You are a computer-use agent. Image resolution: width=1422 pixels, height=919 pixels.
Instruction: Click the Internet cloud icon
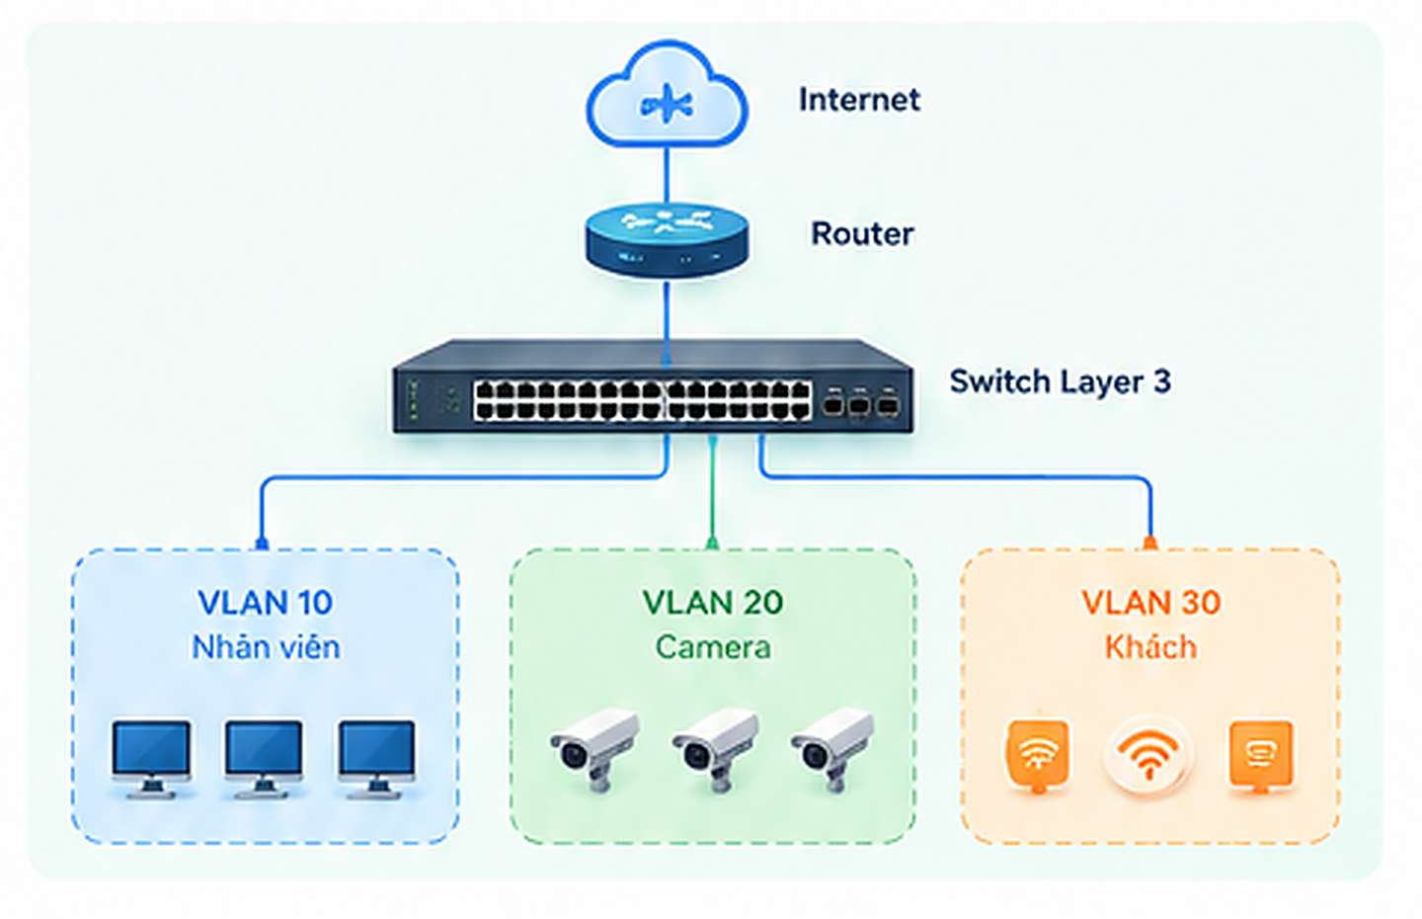[x=667, y=94]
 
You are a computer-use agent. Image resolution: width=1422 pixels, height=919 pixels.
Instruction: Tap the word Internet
[x=859, y=100]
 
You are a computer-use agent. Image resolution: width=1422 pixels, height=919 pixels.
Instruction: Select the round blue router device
[x=667, y=240]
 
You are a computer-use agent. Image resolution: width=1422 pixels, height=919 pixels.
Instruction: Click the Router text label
[x=863, y=234]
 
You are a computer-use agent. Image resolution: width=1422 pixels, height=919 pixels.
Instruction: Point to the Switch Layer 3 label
[x=1061, y=381]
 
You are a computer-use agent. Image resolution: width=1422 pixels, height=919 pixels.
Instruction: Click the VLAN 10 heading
[x=266, y=602]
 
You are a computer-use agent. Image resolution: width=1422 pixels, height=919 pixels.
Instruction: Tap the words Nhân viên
[x=266, y=647]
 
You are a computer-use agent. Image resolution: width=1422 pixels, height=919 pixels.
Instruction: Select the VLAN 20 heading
[x=713, y=602]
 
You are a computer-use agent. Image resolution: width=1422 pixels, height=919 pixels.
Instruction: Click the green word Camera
[x=713, y=647]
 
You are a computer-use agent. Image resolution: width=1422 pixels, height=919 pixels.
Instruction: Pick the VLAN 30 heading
[x=1151, y=602]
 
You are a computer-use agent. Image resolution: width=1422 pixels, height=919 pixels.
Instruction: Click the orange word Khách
[x=1151, y=647]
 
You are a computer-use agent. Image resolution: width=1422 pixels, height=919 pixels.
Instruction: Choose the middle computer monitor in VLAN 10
[x=264, y=759]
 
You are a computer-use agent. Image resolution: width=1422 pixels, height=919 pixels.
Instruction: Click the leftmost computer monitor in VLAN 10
[x=151, y=759]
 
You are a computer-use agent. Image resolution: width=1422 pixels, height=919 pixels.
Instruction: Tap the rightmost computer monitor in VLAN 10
[x=377, y=759]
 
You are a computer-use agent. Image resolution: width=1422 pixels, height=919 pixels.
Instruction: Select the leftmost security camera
[x=594, y=749]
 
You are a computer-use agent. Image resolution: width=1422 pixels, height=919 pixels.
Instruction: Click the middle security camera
[x=715, y=749]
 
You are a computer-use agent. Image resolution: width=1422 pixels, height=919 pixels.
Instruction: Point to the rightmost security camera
[x=832, y=749]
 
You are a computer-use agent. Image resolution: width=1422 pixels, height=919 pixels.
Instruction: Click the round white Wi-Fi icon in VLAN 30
[x=1149, y=756]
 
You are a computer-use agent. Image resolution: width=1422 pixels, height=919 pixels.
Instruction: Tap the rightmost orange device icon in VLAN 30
[x=1261, y=756]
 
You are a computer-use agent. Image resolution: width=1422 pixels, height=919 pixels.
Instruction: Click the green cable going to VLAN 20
[x=712, y=491]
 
